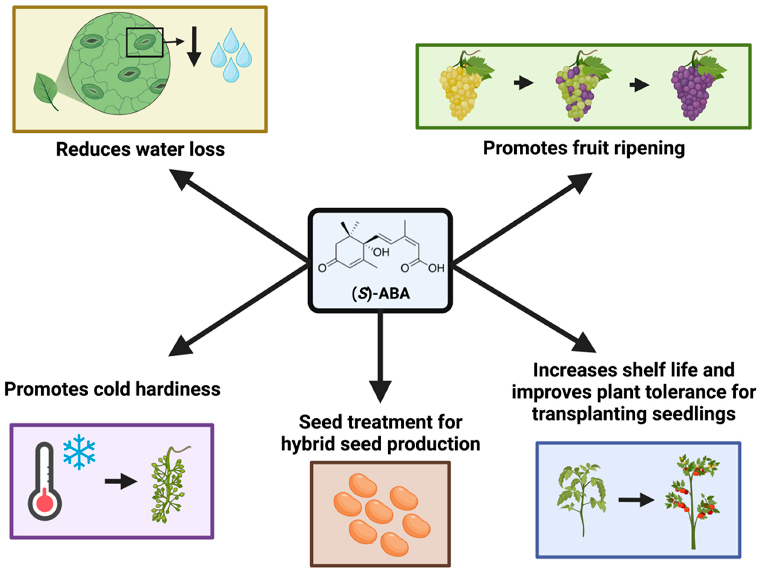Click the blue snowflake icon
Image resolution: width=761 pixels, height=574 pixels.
pos(79,452)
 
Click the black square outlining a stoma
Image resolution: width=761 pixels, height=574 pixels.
pos(144,42)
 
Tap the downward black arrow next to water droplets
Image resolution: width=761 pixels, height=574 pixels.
pos(194,47)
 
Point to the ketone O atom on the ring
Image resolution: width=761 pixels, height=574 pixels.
pos(322,268)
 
